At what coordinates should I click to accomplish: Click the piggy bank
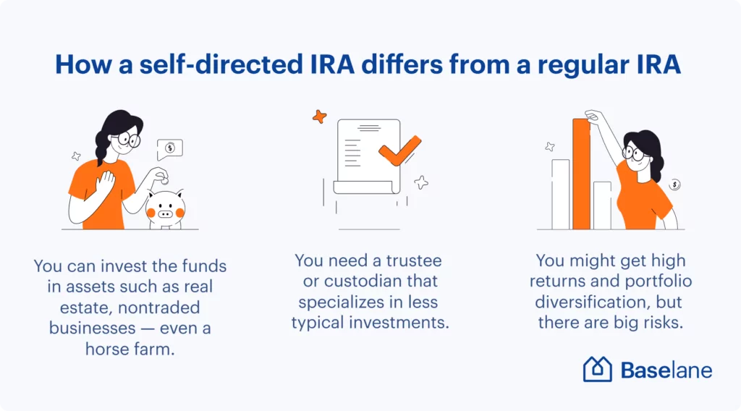(166, 209)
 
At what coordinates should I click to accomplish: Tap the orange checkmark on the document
(399, 151)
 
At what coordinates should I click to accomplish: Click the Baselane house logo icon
(597, 368)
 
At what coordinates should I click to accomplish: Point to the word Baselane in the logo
(666, 370)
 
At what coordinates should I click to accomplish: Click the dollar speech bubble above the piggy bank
(169, 149)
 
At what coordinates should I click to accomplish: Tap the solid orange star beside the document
(320, 116)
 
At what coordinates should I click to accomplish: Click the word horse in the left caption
(107, 349)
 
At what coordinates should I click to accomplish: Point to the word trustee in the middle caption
(414, 260)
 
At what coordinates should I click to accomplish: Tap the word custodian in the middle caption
(370, 281)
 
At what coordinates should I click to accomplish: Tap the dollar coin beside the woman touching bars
(675, 185)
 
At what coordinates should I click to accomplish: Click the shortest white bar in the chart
(602, 205)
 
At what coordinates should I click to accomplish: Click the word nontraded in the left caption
(158, 308)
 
